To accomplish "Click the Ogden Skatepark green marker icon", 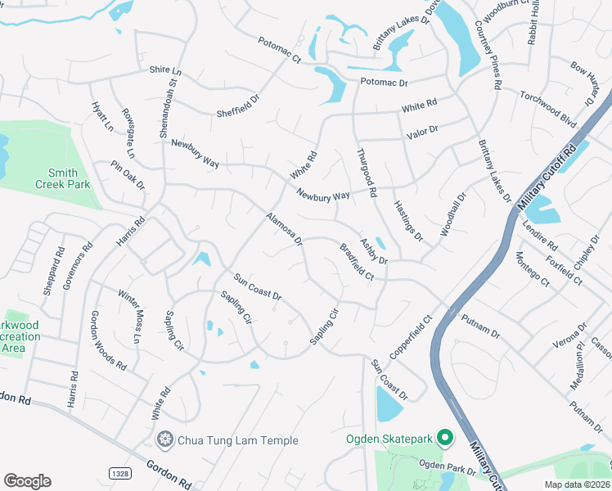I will pos(445,437).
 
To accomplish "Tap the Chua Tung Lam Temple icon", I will pos(166,440).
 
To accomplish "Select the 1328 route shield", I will pos(119,473).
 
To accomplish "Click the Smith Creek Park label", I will pos(69,178).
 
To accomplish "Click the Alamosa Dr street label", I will pos(284,229).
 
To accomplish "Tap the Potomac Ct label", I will pos(280,50).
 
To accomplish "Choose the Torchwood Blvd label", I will pos(548,107).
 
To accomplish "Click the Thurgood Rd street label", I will pos(366,173).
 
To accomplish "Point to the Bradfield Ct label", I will pos(357,261).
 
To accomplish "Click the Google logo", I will pos(27,481).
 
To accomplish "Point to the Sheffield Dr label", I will pos(238,104).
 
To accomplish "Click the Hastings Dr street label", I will pos(407,221).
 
